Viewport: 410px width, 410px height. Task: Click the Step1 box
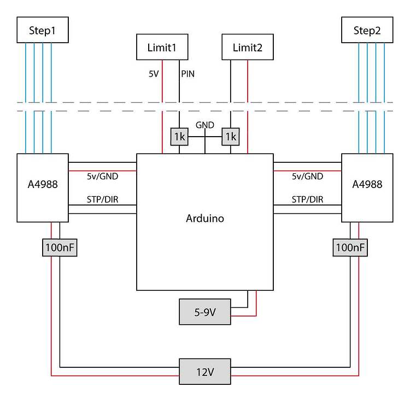[43, 30]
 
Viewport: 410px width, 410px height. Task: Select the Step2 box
[367, 30]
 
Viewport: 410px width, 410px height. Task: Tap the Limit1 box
[162, 47]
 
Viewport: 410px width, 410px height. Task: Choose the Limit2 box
[248, 47]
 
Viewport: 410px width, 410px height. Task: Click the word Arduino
[205, 219]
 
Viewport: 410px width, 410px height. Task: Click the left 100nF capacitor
[59, 248]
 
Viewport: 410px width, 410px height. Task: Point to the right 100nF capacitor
[350, 248]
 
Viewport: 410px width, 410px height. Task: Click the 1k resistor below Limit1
[179, 137]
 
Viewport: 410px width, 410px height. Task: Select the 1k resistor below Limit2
[230, 137]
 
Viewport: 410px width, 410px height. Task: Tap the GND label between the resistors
[205, 125]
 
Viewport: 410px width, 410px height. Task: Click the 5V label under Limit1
[154, 73]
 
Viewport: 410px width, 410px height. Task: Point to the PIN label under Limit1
[188, 73]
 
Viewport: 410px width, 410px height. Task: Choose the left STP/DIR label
[102, 200]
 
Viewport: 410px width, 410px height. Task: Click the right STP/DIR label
[307, 200]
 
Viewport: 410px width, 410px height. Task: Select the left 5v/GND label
[102, 176]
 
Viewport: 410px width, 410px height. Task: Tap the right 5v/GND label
[307, 176]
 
